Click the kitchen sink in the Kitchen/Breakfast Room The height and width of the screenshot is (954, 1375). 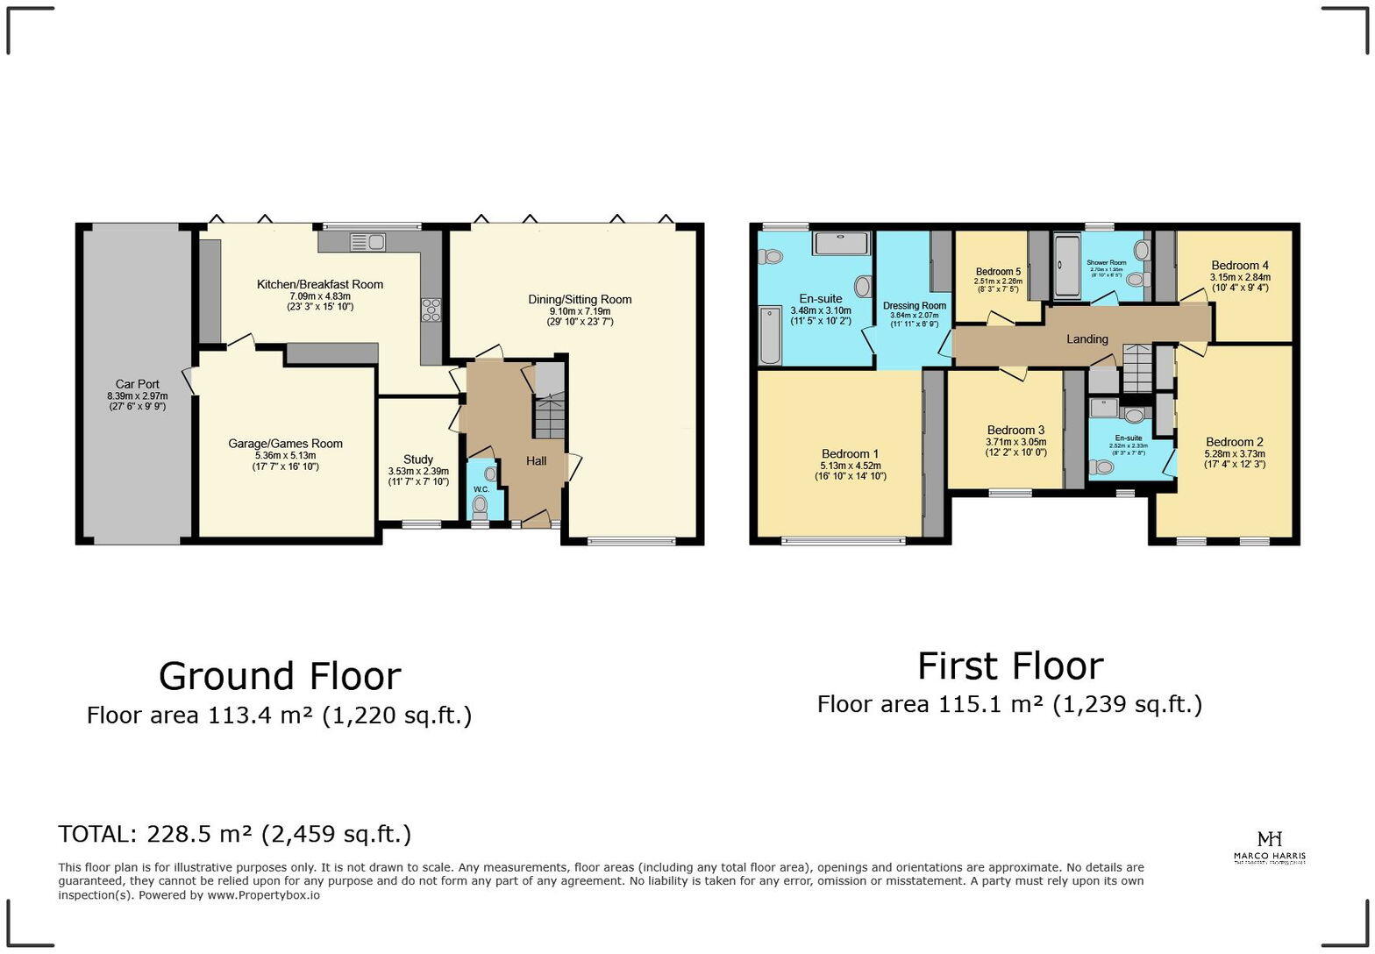pos(367,241)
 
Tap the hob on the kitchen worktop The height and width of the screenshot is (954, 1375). pos(431,310)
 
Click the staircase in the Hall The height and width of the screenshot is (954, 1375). pos(550,416)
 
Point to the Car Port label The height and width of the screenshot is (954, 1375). pos(138,384)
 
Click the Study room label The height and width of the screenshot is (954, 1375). pos(418,459)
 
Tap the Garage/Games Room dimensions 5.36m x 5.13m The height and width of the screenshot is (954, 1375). pos(285,456)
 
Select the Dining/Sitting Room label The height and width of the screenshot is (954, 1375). pos(580,300)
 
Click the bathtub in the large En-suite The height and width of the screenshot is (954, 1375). pos(770,334)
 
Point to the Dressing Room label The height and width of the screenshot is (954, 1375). pos(915,306)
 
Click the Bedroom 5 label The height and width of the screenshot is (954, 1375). pos(998,272)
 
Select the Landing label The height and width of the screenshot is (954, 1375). pos(1087,339)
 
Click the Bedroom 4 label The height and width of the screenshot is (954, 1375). pos(1240,266)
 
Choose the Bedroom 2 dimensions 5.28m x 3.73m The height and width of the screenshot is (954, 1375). pos(1235,454)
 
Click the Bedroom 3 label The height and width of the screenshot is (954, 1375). pos(1015,430)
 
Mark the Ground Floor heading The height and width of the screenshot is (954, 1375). pos(280,676)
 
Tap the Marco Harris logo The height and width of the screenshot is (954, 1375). pos(1269,847)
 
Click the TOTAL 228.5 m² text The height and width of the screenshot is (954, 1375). pos(234,834)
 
